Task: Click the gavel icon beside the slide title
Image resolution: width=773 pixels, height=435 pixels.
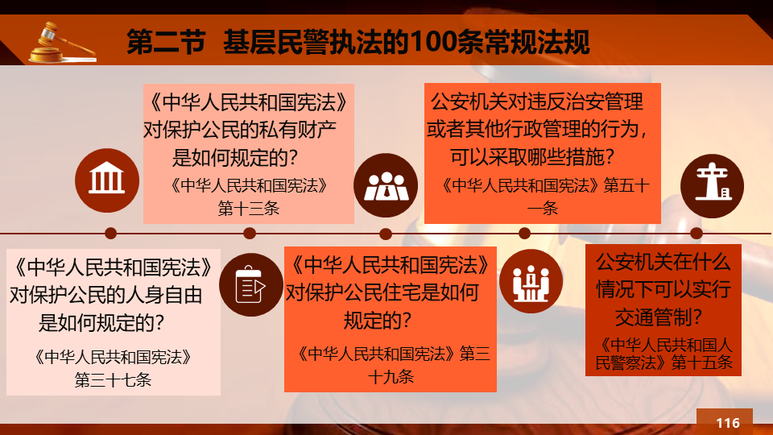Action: pyautogui.click(x=62, y=43)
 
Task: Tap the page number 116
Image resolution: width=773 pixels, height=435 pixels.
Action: pyautogui.click(x=728, y=423)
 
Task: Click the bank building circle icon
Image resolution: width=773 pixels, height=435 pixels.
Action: pyautogui.click(x=107, y=180)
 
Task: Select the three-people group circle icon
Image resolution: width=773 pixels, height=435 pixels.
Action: pyautogui.click(x=386, y=185)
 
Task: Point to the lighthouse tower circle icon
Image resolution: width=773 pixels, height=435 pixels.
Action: pyautogui.click(x=712, y=186)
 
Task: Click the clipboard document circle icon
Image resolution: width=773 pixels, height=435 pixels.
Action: pyautogui.click(x=251, y=284)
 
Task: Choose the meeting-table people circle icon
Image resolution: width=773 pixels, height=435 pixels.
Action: pyautogui.click(x=531, y=281)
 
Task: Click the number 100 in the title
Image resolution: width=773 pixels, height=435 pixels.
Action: pyautogui.click(x=433, y=42)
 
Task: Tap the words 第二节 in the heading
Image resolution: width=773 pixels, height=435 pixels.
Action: pyautogui.click(x=166, y=42)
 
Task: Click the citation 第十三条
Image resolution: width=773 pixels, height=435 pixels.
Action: pyautogui.click(x=249, y=208)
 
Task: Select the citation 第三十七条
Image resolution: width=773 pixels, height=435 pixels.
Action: pyautogui.click(x=113, y=379)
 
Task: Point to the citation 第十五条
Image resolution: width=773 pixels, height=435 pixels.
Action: pyautogui.click(x=702, y=362)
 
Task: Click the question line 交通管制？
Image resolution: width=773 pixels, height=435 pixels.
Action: pyautogui.click(x=658, y=317)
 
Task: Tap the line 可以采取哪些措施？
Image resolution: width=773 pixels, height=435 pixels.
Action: pyautogui.click(x=532, y=157)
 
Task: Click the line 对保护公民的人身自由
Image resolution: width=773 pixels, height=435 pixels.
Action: pyautogui.click(x=106, y=295)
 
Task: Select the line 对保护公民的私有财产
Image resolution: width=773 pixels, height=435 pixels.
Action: pyautogui.click(x=240, y=130)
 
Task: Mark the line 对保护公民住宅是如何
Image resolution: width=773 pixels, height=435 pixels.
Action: pyautogui.click(x=382, y=292)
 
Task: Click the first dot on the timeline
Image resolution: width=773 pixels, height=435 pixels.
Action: pyautogui.click(x=111, y=234)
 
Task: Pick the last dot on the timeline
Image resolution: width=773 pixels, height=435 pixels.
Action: pyautogui.click(x=696, y=234)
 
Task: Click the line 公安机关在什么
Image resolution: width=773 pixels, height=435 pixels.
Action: pyautogui.click(x=663, y=262)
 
